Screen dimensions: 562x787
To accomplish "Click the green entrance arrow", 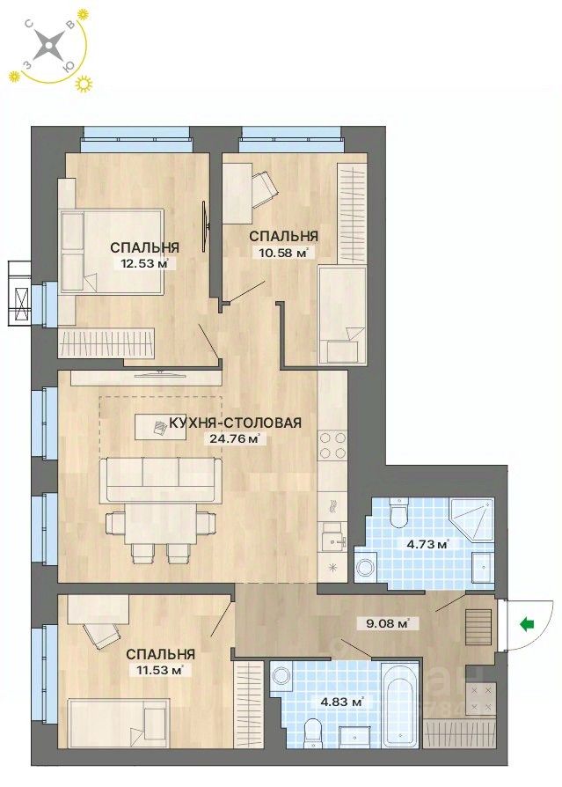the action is pos(527,624).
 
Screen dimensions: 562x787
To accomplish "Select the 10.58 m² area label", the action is pos(282,253).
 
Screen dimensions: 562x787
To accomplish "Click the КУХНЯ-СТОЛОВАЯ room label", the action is pos(235,423).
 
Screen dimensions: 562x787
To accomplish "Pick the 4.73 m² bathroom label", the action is pos(427,543).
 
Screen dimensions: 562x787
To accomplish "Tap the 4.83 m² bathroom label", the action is pos(342,702).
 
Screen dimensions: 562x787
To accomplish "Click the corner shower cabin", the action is pos(471,519).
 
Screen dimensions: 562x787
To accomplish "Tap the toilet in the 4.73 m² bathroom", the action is pos(399,512).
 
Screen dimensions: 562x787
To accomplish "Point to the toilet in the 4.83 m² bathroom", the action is pos(313,733).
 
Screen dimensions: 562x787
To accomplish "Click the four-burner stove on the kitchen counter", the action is pos(332,445).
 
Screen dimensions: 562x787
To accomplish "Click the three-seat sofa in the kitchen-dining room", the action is pos(161,479).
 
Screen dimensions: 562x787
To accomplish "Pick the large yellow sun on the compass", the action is pos(84,84).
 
